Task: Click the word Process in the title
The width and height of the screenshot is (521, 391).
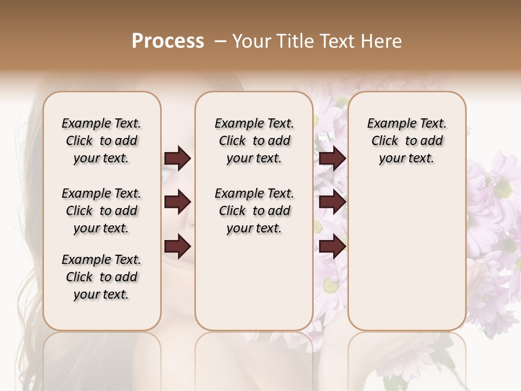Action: tap(168, 41)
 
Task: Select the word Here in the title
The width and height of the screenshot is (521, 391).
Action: tap(383, 41)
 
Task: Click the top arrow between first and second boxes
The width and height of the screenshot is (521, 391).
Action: tap(177, 159)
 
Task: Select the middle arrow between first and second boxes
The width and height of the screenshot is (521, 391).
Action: tap(177, 203)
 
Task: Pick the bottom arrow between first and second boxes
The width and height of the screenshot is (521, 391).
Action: tap(177, 247)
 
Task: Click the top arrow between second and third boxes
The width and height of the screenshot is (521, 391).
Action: tap(332, 159)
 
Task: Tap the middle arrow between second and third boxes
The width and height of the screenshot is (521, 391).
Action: tap(332, 203)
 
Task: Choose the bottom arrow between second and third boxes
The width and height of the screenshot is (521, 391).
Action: tap(332, 247)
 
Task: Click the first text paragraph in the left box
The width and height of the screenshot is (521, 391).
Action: tap(101, 141)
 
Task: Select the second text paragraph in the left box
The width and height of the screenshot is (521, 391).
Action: tap(101, 211)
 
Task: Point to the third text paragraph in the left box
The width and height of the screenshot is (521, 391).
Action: tap(101, 277)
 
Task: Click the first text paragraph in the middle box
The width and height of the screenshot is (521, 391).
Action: tap(254, 141)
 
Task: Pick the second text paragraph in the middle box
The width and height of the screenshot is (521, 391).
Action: tap(254, 211)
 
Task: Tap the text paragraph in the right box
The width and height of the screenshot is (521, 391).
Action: tap(406, 141)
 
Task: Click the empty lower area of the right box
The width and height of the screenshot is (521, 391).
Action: tap(406, 255)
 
